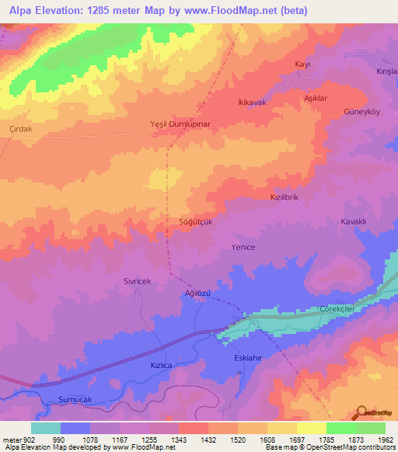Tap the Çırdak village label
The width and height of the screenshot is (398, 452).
19,130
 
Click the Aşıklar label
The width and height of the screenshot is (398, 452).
314,99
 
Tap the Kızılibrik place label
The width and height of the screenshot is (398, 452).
285,198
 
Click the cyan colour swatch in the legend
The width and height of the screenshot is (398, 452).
46,428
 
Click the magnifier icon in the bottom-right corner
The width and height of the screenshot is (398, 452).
361,411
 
